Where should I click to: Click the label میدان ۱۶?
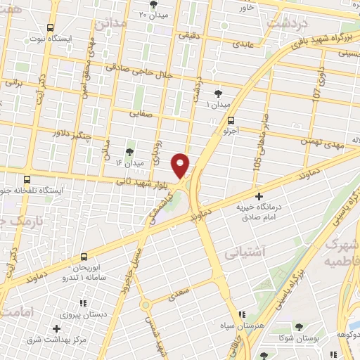click(129, 163)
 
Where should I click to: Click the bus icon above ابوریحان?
click(84, 257)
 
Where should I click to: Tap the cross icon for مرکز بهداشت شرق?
click(56, 328)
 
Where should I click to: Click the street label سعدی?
click(184, 290)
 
